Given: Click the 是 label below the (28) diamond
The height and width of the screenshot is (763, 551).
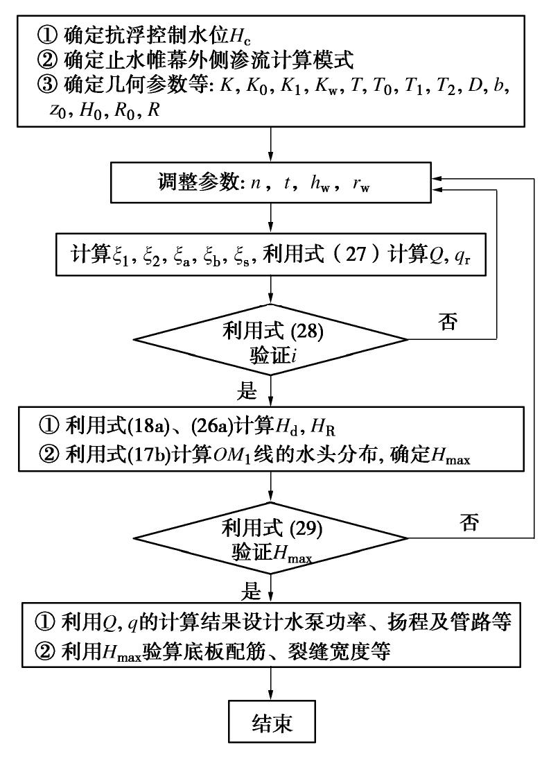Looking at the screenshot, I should coord(247,390).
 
